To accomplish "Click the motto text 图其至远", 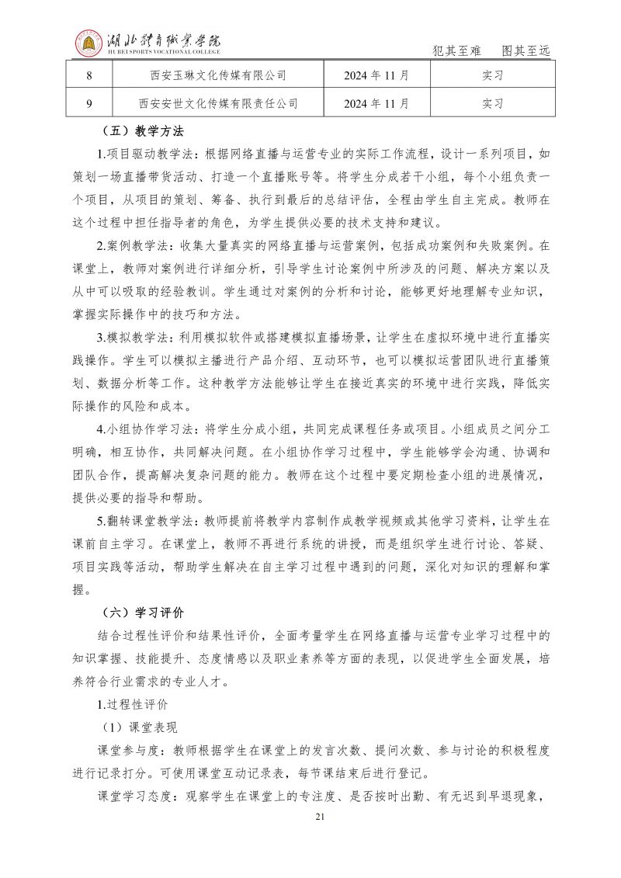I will pos(526,51).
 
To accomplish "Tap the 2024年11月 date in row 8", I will pos(376,75).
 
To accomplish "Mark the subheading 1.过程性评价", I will pos(132,705).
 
